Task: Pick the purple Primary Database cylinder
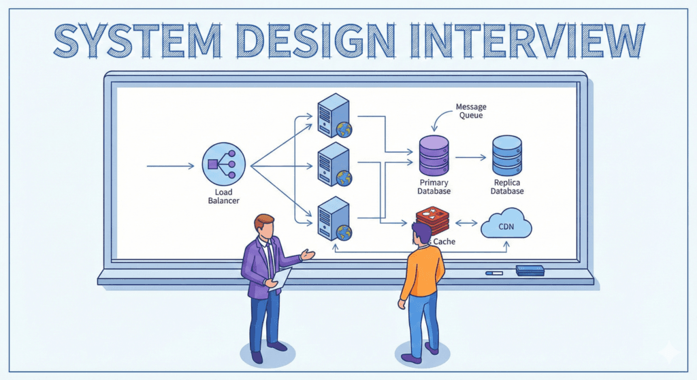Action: point(434,155)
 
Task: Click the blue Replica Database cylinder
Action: point(507,155)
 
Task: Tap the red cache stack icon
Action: point(433,219)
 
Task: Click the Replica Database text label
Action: point(507,187)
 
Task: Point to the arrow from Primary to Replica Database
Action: point(470,157)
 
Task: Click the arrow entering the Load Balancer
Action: point(170,165)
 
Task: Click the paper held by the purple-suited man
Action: point(280,279)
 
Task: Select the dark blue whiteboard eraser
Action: point(530,270)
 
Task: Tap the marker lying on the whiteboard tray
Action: point(494,273)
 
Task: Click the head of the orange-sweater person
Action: point(421,234)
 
